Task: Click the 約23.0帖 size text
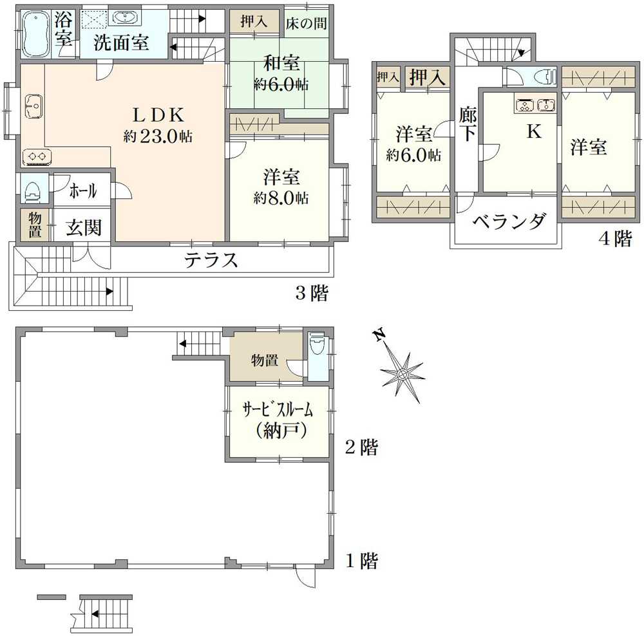[158, 136]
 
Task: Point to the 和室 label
[281, 64]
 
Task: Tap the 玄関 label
[84, 228]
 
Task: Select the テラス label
[212, 261]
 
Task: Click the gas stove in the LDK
[36, 156]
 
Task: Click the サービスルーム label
[277, 409]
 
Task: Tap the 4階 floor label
[615, 238]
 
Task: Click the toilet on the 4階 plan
[547, 77]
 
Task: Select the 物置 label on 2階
[265, 360]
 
